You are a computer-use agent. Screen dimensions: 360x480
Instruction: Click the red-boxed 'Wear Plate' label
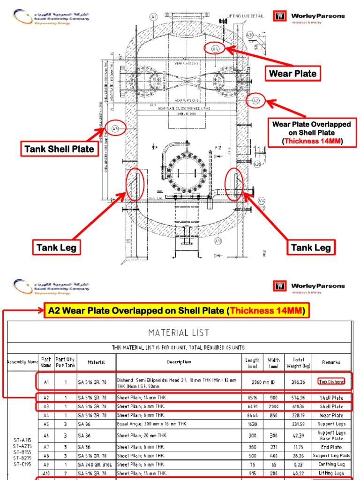tap(292, 74)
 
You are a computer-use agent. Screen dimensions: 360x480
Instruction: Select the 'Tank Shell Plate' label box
tap(59, 150)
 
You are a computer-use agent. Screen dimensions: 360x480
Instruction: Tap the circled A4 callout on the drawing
tap(215, 49)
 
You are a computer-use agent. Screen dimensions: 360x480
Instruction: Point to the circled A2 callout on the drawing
tap(255, 101)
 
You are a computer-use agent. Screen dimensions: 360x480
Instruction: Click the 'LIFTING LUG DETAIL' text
tap(244, 16)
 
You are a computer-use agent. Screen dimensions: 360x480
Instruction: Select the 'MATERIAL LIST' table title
tap(179, 333)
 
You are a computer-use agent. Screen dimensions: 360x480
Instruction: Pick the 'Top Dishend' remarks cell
tap(331, 382)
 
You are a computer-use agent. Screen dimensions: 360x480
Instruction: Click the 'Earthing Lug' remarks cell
tap(331, 464)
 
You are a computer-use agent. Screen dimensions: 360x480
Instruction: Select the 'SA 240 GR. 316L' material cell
tap(96, 464)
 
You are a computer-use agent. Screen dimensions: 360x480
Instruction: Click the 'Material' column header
tap(96, 362)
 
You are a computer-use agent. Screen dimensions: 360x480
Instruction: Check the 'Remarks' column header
tap(331, 362)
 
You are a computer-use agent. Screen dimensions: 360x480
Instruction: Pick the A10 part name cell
tap(46, 473)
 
